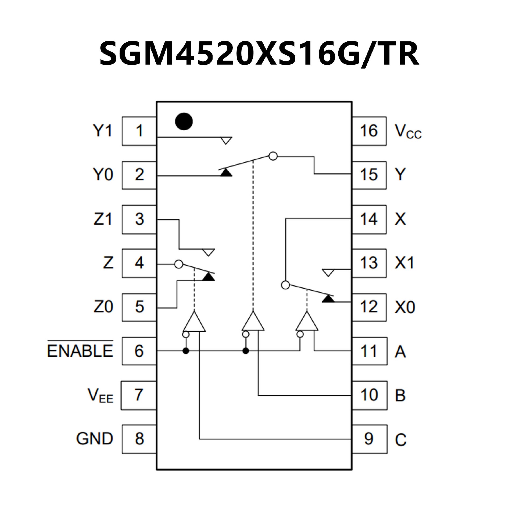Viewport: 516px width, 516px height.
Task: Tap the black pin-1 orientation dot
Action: point(184,121)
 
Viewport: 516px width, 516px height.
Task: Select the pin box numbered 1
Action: point(139,131)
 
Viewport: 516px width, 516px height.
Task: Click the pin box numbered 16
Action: point(369,131)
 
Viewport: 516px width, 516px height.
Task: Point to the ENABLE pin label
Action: point(80,350)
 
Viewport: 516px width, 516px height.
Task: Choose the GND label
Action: point(94,439)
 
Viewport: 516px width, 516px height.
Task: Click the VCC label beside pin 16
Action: point(408,132)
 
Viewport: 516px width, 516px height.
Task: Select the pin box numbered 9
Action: point(370,439)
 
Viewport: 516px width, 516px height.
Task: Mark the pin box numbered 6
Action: point(139,351)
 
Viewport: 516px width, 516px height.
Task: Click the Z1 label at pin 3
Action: point(103,219)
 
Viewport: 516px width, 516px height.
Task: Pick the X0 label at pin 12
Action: point(405,307)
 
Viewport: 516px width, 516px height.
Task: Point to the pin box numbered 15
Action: point(369,175)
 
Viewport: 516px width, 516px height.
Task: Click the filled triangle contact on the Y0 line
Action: point(226,173)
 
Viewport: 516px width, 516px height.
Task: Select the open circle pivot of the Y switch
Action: point(273,156)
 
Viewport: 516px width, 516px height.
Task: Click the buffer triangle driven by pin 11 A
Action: point(307,322)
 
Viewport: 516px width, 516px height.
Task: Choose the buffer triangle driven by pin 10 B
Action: point(253,322)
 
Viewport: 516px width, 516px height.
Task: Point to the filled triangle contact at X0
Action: point(328,299)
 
